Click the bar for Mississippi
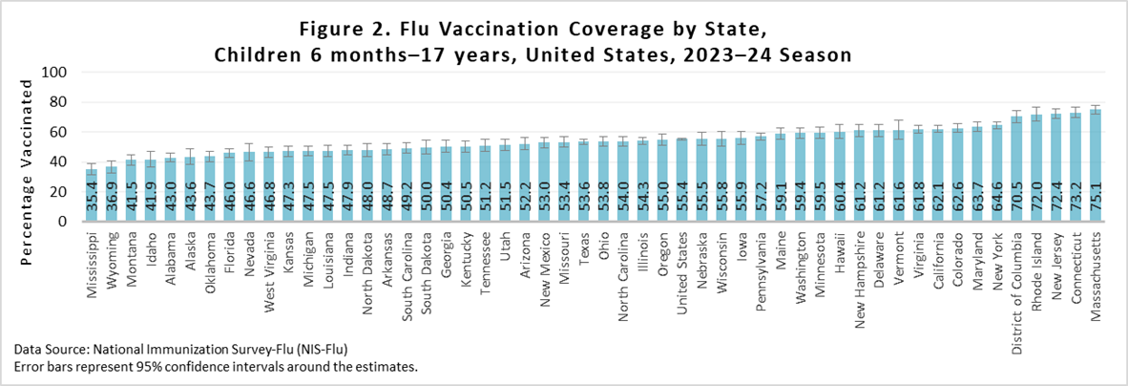(92, 195)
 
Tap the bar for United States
(681, 181)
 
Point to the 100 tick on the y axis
(53, 73)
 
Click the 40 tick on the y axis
(57, 161)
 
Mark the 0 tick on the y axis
(62, 222)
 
